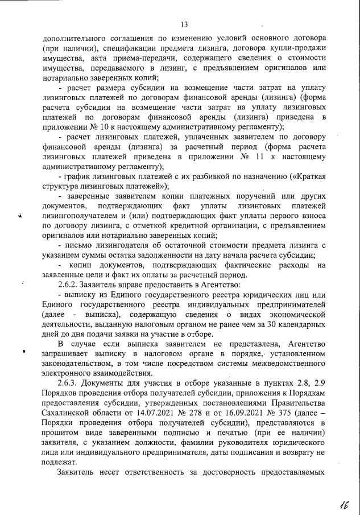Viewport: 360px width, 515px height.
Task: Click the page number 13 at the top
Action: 184,24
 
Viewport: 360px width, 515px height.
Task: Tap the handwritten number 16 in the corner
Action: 343,503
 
